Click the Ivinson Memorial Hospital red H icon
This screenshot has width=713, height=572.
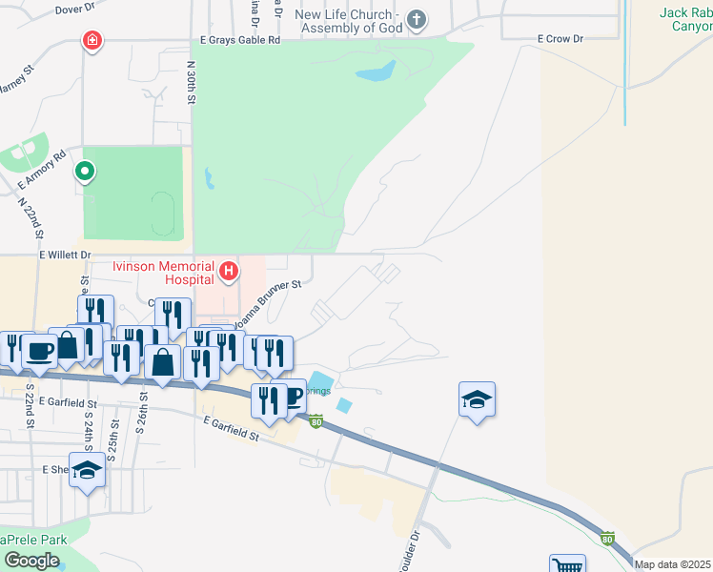point(229,272)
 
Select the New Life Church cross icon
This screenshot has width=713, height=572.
point(416,18)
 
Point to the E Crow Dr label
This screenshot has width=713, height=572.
point(560,39)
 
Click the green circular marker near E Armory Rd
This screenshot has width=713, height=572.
point(85,172)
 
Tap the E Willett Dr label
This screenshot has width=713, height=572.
point(64,255)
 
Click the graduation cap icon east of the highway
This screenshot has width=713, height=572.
point(477,398)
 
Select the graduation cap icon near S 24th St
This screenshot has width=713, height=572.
point(87,470)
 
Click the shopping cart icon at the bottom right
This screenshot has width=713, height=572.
point(567,565)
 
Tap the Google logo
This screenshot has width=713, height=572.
point(31,561)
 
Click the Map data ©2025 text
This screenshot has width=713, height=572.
point(673,564)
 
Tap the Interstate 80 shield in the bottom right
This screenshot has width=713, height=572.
point(608,539)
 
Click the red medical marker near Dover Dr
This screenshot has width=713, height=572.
point(92,41)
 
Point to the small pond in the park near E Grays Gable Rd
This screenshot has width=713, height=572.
point(375,71)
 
